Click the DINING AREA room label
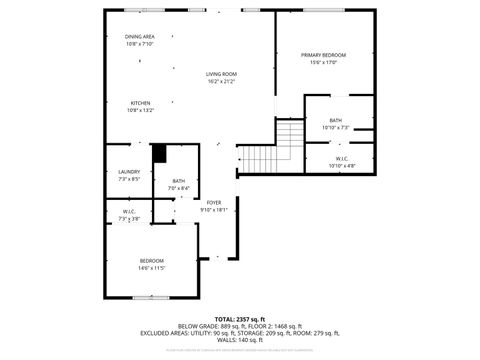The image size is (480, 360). (140, 37)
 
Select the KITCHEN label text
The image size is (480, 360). (140, 103)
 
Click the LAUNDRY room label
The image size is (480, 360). (129, 171)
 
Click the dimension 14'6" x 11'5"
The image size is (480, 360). (152, 268)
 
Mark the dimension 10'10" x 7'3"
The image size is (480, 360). (336, 127)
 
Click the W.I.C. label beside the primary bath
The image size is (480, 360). (341, 158)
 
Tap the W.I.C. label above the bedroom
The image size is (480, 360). (130, 211)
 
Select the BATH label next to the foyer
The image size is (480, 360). (177, 181)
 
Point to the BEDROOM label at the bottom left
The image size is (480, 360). (152, 261)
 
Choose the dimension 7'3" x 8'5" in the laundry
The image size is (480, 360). (129, 178)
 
